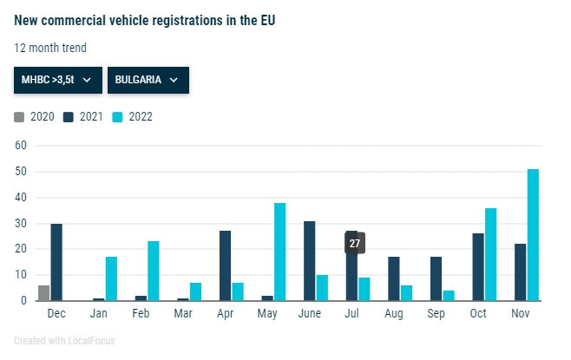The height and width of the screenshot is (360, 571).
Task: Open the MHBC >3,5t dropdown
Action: point(57,80)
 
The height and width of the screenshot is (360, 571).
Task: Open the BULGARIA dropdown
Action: point(148,80)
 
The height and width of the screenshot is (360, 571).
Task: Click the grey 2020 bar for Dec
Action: point(43,293)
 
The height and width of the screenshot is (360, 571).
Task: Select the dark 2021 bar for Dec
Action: point(56,262)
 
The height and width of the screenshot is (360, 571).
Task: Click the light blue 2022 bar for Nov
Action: point(533,235)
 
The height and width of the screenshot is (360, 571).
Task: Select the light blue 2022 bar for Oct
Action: point(490,254)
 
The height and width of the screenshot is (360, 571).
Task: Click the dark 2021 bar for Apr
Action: point(225,266)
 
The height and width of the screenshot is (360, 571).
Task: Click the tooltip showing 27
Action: point(354,244)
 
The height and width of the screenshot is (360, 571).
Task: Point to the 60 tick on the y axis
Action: point(20,146)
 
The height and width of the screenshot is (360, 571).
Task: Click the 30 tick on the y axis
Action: point(20,223)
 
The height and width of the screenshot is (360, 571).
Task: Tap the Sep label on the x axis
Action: point(437,312)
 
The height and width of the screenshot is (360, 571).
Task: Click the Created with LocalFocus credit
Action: point(64,341)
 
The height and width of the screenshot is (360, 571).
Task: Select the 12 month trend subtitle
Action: point(50,48)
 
